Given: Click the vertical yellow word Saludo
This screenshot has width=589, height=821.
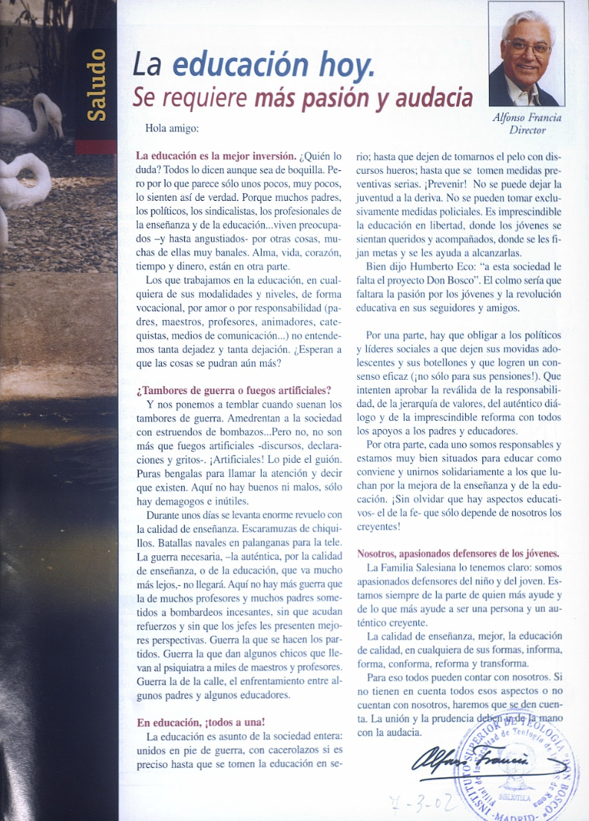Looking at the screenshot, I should pos(95,85).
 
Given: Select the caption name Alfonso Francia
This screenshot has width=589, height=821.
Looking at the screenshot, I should pos(527,117).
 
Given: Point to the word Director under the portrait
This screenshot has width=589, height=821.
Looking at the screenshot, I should pos(527,130).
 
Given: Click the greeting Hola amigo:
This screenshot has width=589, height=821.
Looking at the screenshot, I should pos(172,129).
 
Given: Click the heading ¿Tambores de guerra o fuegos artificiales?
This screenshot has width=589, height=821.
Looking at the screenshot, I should pos(234,390).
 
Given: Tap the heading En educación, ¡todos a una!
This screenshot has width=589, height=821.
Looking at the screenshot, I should pos(201,722).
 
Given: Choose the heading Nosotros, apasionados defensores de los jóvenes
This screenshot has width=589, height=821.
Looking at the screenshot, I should pos(459,554).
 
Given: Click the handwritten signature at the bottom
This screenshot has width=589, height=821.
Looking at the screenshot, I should pos(481,762).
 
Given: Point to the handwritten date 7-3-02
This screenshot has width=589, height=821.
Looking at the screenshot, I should pos(417,803).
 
